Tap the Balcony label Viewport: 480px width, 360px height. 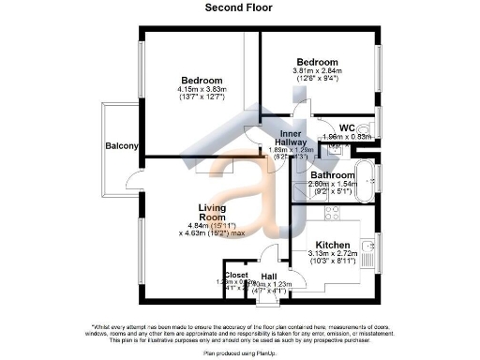pyautogui.click(x=122, y=146)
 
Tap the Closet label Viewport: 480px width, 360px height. pyautogui.click(x=236, y=275)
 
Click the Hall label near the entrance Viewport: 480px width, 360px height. pyautogui.click(x=268, y=277)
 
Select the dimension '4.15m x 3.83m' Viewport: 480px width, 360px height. pyautogui.click(x=202, y=89)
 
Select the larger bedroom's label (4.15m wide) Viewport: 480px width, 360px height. pyautogui.click(x=202, y=80)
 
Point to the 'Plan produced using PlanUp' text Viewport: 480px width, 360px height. pyautogui.click(x=240, y=354)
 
